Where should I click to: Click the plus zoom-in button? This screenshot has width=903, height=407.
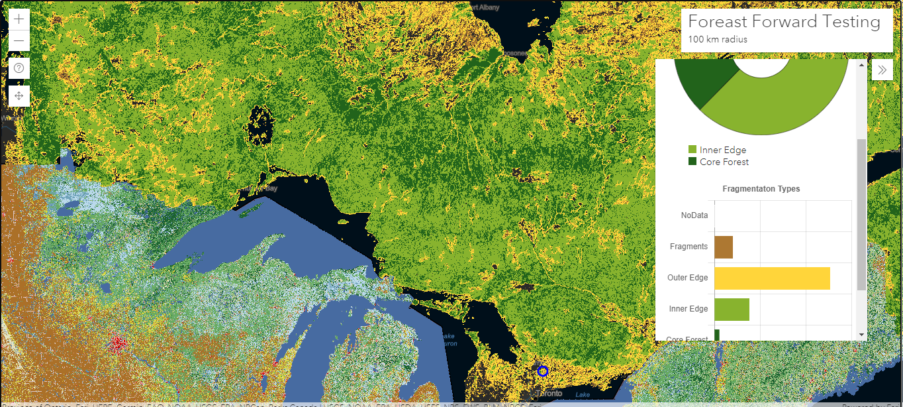pyautogui.click(x=19, y=19)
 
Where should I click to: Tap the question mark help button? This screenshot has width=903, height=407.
pyautogui.click(x=19, y=68)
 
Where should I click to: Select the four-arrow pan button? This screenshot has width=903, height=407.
pyautogui.click(x=19, y=96)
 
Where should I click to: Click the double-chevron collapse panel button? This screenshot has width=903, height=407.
pyautogui.click(x=882, y=70)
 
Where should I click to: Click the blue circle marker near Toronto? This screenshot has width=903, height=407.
pyautogui.click(x=543, y=371)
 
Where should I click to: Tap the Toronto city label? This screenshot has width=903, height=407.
pyautogui.click(x=550, y=393)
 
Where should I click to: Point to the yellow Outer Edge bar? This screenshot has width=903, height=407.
pyautogui.click(x=772, y=278)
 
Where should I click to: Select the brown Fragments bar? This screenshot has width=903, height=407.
pyautogui.click(x=724, y=247)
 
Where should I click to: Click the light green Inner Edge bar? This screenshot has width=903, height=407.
pyautogui.click(x=732, y=309)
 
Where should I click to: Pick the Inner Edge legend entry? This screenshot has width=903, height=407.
pyautogui.click(x=722, y=150)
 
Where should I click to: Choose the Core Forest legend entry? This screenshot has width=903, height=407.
pyautogui.click(x=724, y=162)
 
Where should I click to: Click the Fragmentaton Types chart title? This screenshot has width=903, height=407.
pyautogui.click(x=761, y=189)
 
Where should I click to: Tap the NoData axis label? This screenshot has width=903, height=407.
pyautogui.click(x=694, y=215)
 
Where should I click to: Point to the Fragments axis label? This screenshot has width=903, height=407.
pyautogui.click(x=689, y=247)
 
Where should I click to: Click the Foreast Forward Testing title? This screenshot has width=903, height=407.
pyautogui.click(x=784, y=22)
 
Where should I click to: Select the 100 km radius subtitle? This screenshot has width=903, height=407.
pyautogui.click(x=718, y=39)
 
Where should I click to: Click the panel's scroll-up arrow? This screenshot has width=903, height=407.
pyautogui.click(x=861, y=65)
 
